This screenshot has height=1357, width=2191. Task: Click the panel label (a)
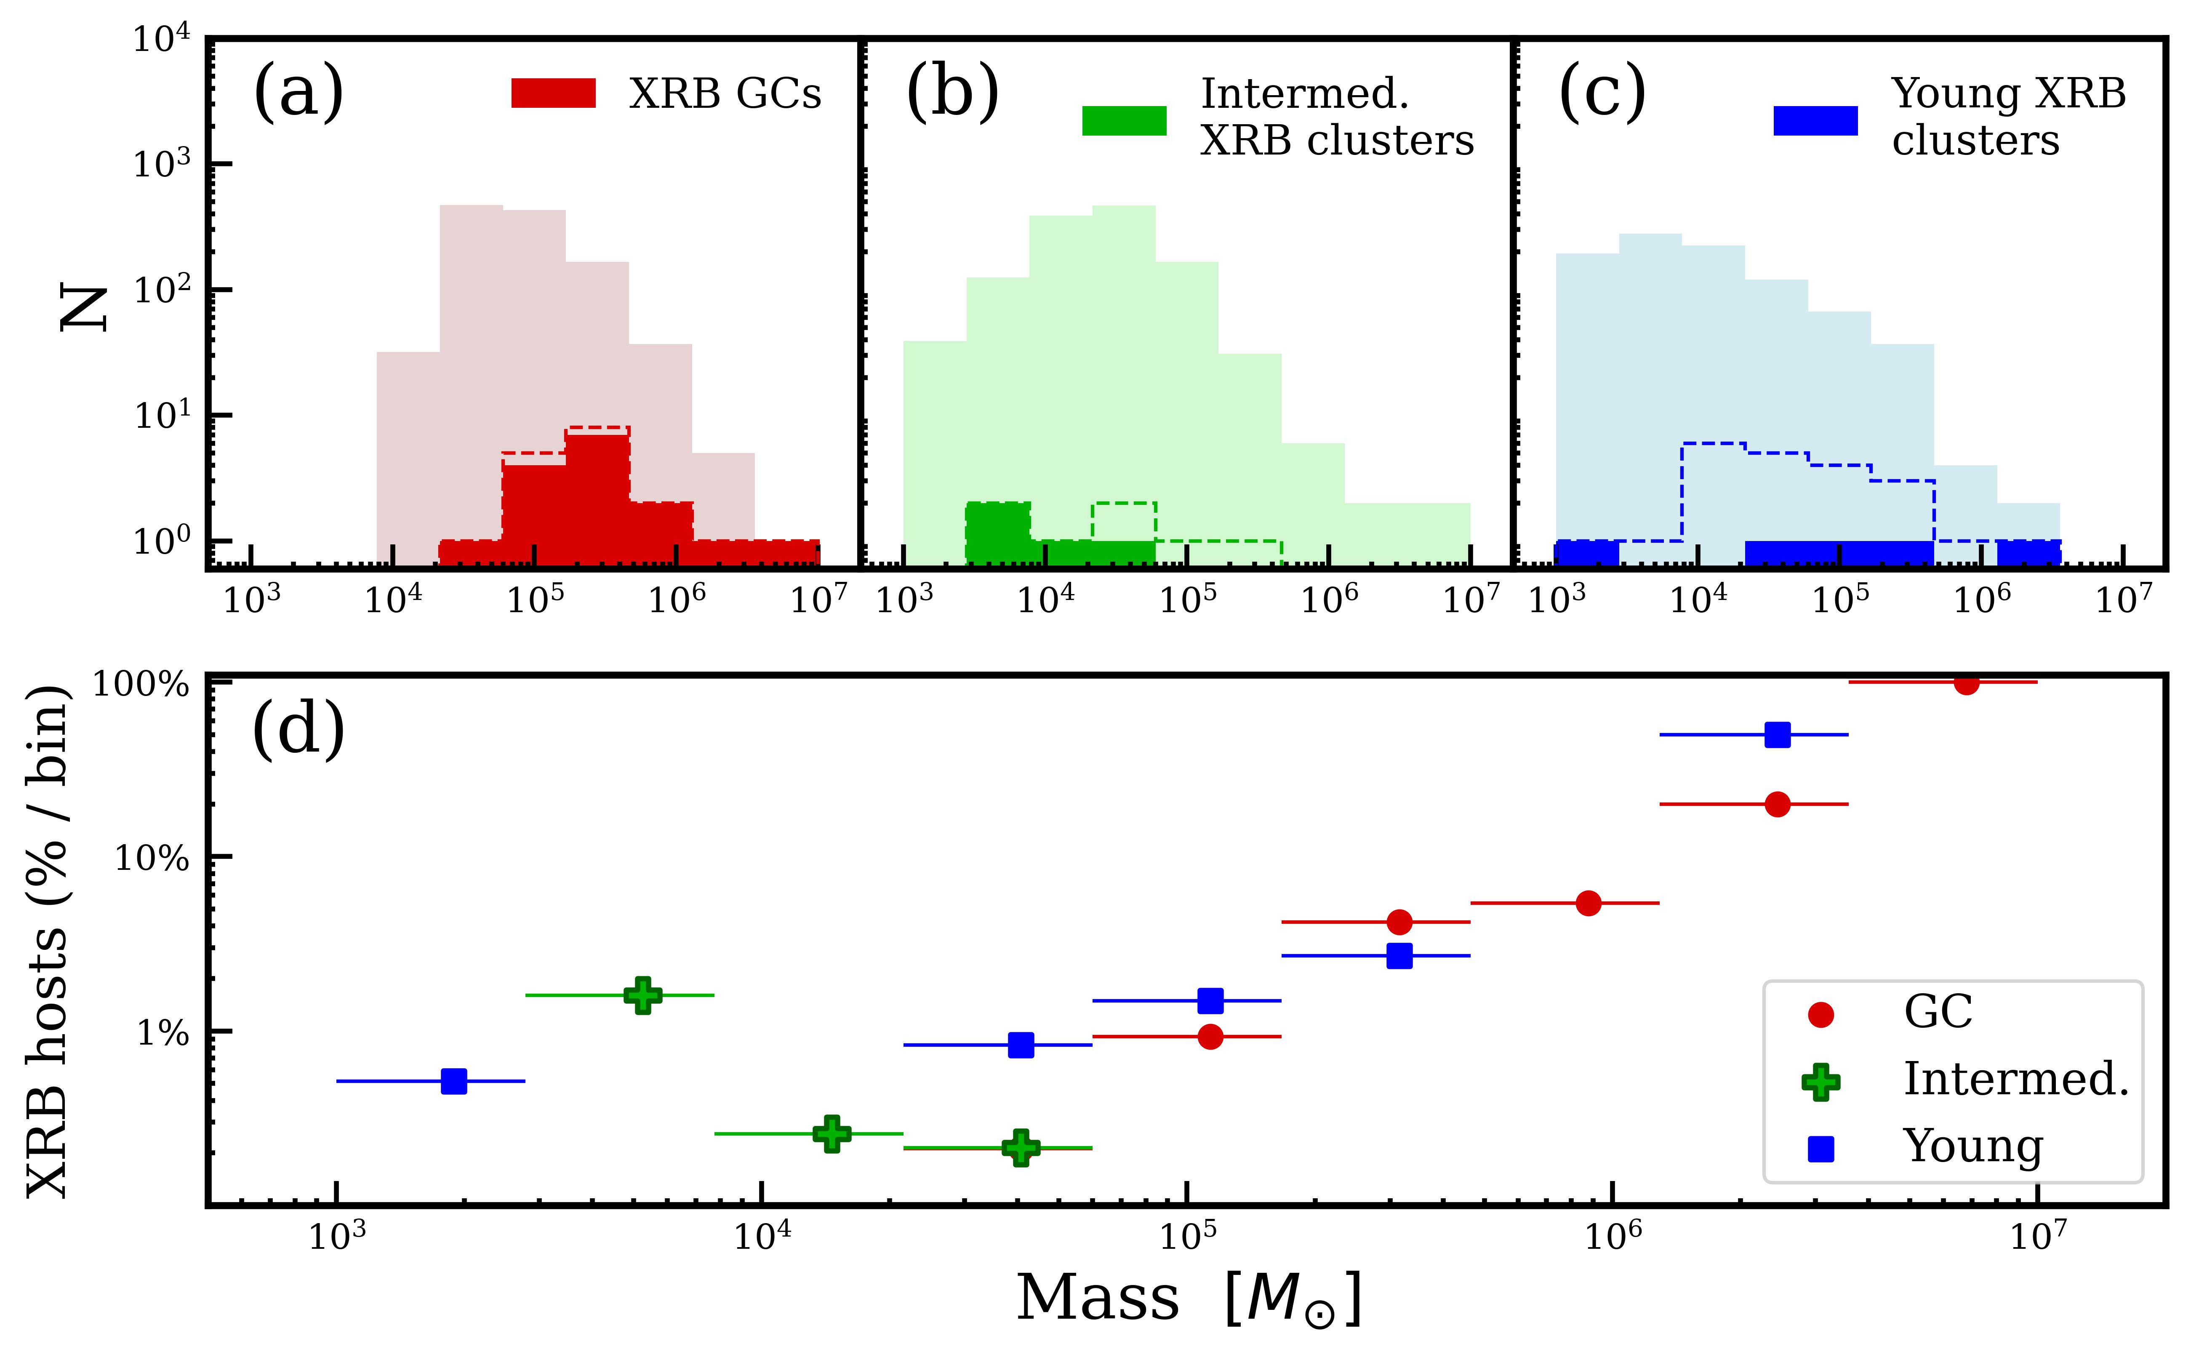click(299, 93)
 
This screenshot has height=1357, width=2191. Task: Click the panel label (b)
click(952, 93)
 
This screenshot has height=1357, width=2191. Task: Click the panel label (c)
click(1602, 93)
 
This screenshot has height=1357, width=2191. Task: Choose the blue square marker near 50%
click(1778, 735)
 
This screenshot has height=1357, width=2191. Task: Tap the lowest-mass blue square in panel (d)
click(454, 1082)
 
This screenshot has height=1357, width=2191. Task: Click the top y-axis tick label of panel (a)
click(162, 40)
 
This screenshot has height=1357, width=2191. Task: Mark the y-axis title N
click(83, 308)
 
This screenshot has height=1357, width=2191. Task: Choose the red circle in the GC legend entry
click(1821, 1014)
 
